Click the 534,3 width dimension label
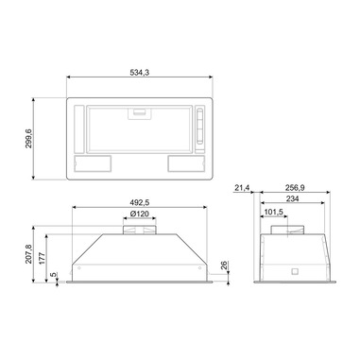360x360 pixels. (140, 73)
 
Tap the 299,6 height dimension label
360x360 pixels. (28, 139)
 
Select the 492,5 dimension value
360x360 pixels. (139, 202)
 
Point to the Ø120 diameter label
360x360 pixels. (139, 214)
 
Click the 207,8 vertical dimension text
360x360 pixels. (28, 254)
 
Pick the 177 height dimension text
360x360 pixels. (43, 258)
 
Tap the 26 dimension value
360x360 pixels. (224, 266)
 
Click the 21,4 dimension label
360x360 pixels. (242, 188)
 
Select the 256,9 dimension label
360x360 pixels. (295, 188)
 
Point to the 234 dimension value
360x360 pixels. (293, 198)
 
